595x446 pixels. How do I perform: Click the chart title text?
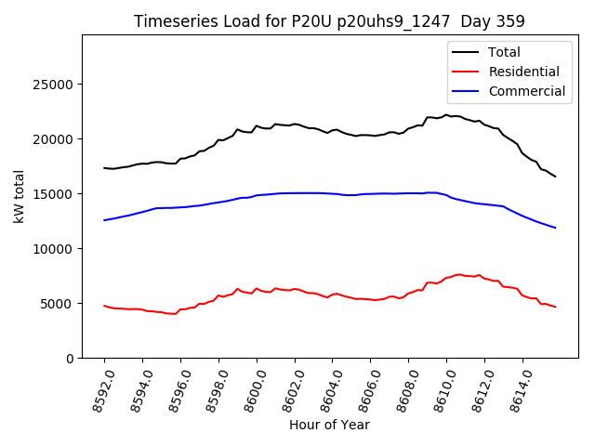(x=329, y=21)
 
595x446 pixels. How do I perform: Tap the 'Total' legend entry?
(x=504, y=52)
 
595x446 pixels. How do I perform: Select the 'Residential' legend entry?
(x=523, y=72)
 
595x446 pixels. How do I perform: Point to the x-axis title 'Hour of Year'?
(x=329, y=425)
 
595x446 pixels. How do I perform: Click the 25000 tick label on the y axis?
(x=54, y=85)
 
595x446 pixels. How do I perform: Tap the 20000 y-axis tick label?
(x=54, y=139)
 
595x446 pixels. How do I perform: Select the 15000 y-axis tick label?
(x=54, y=194)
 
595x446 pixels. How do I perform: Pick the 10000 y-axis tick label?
(x=54, y=249)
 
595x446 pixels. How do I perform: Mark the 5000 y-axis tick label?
(x=58, y=304)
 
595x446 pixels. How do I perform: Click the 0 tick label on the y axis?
(x=70, y=359)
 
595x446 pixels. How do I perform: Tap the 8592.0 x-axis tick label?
(x=97, y=388)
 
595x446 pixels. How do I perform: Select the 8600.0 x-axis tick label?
(x=249, y=388)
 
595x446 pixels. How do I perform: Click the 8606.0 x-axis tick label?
(x=363, y=388)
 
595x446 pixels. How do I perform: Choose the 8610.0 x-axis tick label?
(x=439, y=388)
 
